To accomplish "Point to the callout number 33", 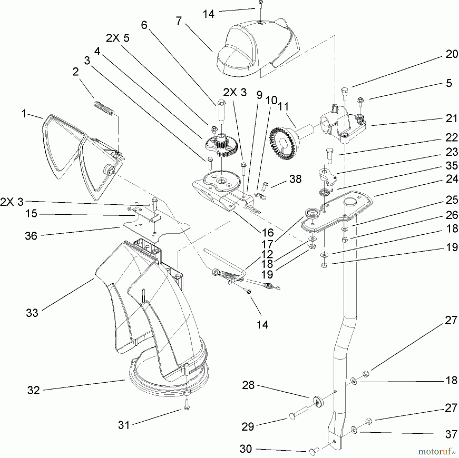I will click(32, 313).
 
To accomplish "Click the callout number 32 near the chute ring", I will click(34, 390).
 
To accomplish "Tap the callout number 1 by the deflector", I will click(24, 114).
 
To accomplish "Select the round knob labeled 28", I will click(317, 402).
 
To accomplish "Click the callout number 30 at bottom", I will click(246, 449).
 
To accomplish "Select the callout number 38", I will click(296, 179).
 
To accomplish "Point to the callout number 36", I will click(31, 236).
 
